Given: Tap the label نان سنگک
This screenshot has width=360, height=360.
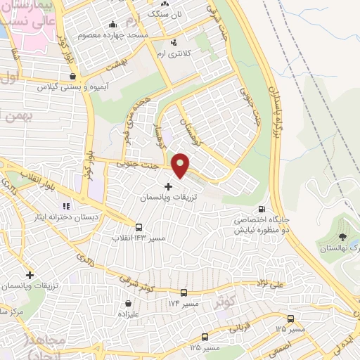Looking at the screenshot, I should pyautogui.click(x=168, y=13).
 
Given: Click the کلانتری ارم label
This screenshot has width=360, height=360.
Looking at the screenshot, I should pyautogui.click(x=175, y=54).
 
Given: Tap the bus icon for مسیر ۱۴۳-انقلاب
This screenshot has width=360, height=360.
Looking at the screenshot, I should pyautogui.click(x=139, y=227).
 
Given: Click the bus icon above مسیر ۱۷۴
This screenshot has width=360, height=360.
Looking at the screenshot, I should pyautogui.click(x=184, y=292).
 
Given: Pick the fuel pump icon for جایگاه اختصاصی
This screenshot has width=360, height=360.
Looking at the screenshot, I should pyautogui.click(x=262, y=209).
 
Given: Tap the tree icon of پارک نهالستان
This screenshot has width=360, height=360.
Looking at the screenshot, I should pyautogui.click(x=342, y=238).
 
